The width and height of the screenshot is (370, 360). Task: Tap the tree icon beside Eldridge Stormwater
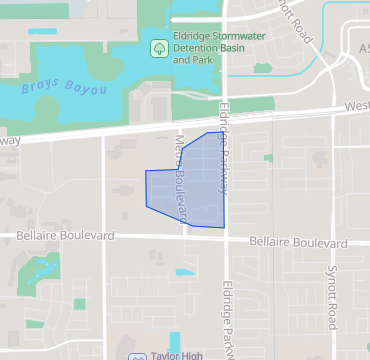point(158,48)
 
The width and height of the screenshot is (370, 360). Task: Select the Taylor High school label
point(178,355)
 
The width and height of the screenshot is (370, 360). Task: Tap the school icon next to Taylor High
point(136,356)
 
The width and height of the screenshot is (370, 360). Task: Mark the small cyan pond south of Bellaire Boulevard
point(185,272)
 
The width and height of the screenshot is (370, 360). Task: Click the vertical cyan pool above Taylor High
point(175,341)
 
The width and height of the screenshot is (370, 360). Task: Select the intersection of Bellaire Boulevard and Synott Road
point(331,244)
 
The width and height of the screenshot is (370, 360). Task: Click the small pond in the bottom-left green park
point(43,268)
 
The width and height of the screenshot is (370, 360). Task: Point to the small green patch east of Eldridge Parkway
point(268,157)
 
